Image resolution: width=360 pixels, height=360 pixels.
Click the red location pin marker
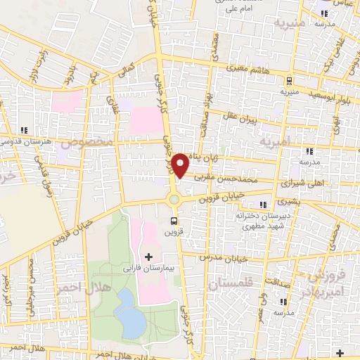coord(181,165)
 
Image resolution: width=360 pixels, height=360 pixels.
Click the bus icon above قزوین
coord(173,219)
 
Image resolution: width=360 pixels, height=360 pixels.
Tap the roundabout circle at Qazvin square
coord(174,200)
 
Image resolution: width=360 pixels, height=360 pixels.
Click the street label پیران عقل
coord(240,117)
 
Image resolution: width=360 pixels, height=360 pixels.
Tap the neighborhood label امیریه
coord(274,143)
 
